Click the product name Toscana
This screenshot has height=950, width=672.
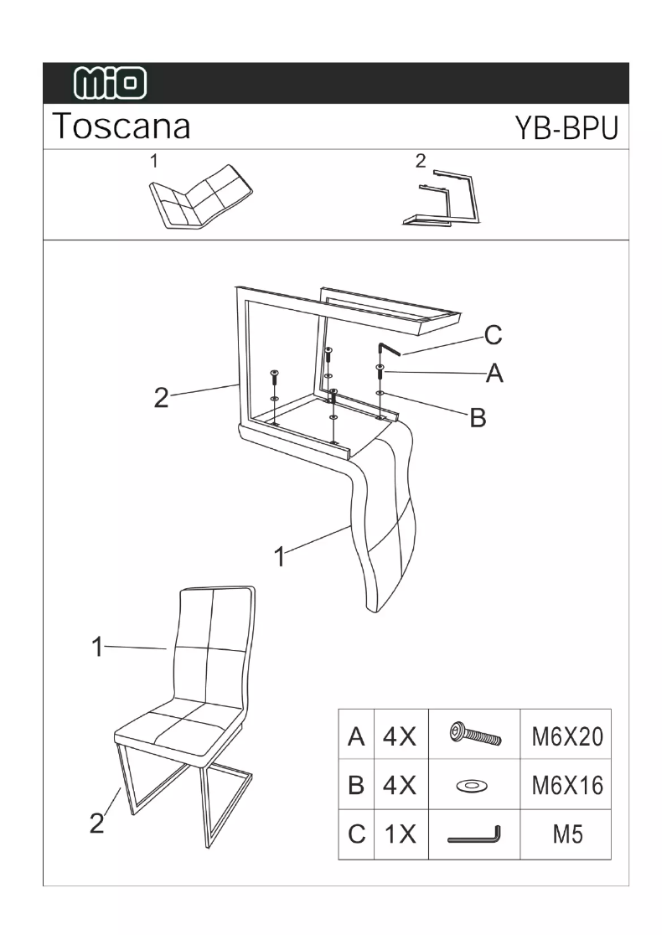121,126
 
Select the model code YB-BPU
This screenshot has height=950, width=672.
566,128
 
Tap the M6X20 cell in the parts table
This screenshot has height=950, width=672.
566,736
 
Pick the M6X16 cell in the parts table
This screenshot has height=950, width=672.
566,785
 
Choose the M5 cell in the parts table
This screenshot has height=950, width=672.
566,834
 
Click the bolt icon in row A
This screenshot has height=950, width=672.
474,735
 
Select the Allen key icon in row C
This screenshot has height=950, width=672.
474,835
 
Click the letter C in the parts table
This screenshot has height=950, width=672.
356,834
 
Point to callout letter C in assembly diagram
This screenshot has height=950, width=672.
493,335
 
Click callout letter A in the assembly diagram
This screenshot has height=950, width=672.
494,374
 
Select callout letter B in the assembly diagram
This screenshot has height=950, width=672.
477,418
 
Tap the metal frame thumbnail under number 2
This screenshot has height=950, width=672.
442,201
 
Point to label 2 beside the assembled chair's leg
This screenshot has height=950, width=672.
98,823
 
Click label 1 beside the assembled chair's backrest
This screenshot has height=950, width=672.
98,647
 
